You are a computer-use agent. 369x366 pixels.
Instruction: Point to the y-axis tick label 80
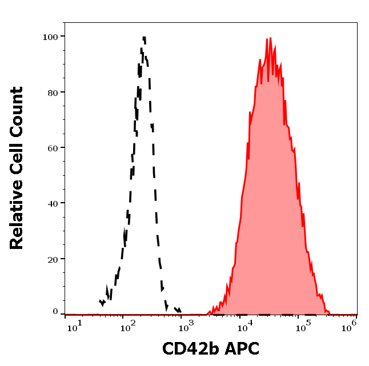[53, 92]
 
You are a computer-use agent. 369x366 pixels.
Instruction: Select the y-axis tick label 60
[53, 147]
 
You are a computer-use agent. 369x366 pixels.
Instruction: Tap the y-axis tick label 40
[53, 203]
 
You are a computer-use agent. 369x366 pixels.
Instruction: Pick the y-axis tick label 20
[53, 259]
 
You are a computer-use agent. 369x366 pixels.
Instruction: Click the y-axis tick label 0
[55, 312]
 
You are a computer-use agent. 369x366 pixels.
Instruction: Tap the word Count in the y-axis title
[17, 110]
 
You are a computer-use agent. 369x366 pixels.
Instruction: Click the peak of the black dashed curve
[145, 38]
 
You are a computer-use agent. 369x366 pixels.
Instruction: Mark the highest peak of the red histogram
[268, 39]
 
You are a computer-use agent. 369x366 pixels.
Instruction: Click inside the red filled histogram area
[268, 200]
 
